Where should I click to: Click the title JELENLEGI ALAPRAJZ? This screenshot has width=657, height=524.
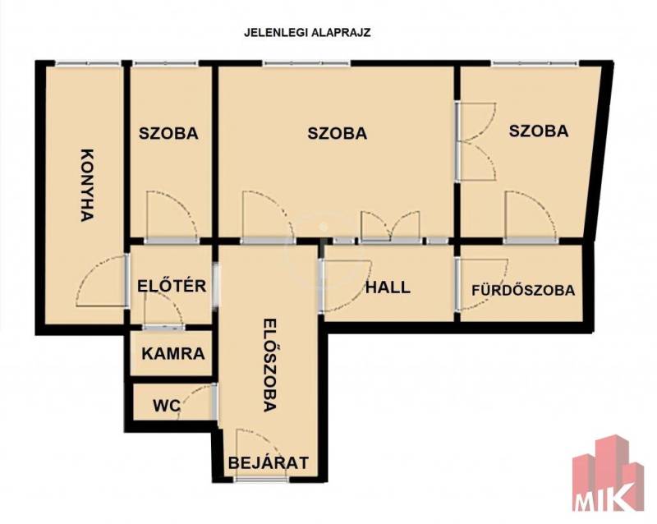pyautogui.click(x=307, y=33)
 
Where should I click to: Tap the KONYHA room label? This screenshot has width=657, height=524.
pyautogui.click(x=87, y=185)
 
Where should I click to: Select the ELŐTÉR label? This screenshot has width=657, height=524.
pyautogui.click(x=172, y=286)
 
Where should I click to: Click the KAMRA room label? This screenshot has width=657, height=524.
pyautogui.click(x=173, y=354)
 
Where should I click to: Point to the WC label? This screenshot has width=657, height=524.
pyautogui.click(x=167, y=406)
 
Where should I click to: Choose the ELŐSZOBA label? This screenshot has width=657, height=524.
pyautogui.click(x=270, y=365)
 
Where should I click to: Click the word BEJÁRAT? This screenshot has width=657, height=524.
pyautogui.click(x=269, y=462)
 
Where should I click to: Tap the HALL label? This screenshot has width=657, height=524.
pyautogui.click(x=388, y=287)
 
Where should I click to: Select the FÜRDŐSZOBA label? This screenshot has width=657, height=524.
pyautogui.click(x=523, y=290)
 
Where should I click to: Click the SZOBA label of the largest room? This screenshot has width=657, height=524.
pyautogui.click(x=338, y=133)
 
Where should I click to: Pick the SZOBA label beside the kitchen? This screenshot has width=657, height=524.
pyautogui.click(x=168, y=133)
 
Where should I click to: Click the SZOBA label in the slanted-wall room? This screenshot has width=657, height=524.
pyautogui.click(x=539, y=131)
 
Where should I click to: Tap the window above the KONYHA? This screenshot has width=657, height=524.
pyautogui.click(x=88, y=63)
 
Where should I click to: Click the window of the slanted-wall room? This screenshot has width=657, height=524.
pyautogui.click(x=535, y=63)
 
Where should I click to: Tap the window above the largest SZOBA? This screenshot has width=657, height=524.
pyautogui.click(x=306, y=63)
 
